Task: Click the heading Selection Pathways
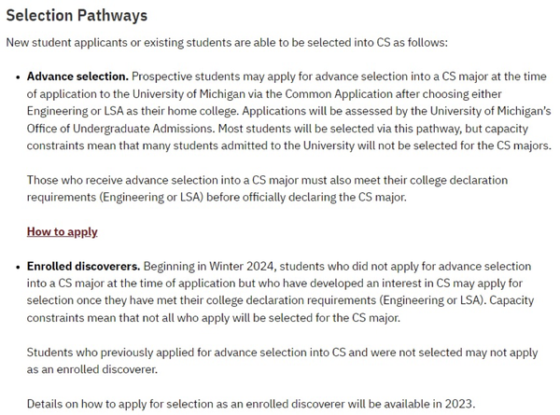(77, 16)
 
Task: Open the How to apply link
(62, 231)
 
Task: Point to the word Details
(45, 404)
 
